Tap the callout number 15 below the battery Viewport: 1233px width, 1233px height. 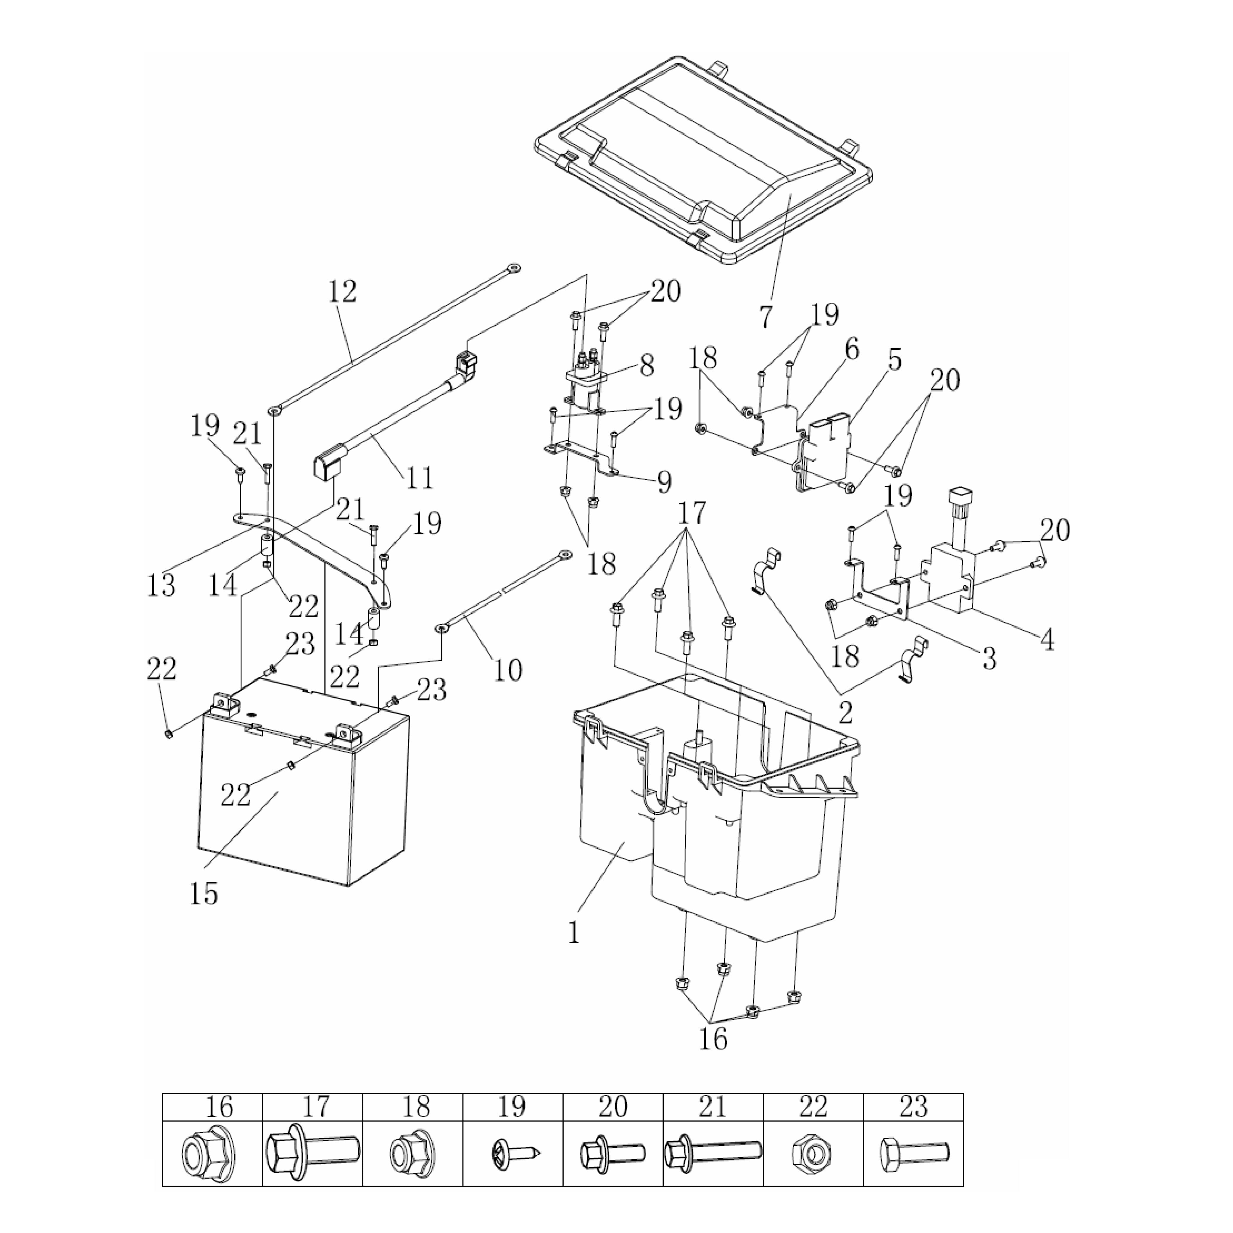[204, 894]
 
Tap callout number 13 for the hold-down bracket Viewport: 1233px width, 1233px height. [161, 585]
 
